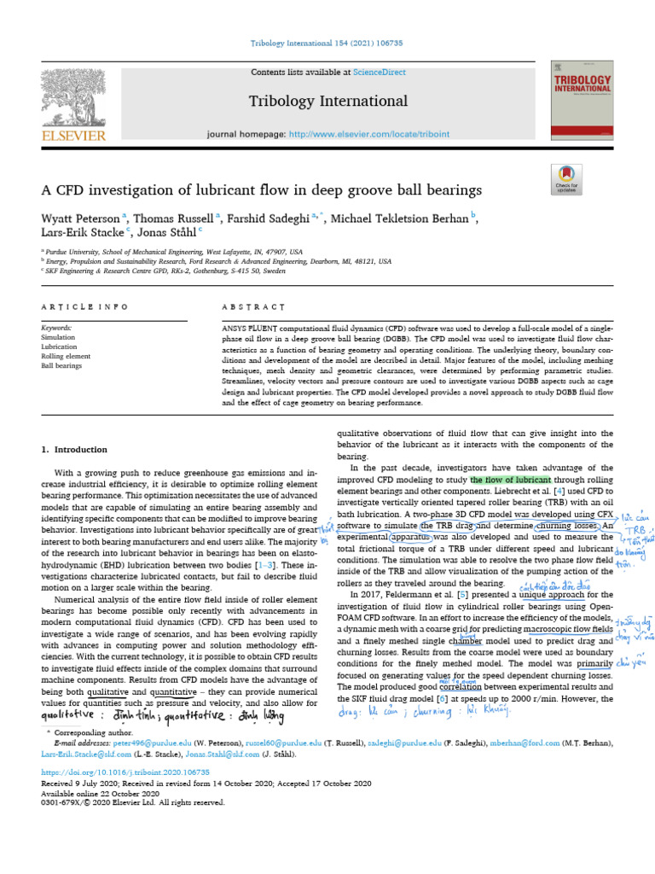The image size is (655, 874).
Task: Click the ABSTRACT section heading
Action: click(254, 307)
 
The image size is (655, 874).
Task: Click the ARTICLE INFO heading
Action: click(85, 307)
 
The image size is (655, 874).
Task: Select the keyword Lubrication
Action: click(61, 347)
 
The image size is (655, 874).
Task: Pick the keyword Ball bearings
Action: click(62, 366)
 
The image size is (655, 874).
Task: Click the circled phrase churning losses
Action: click(567, 527)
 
